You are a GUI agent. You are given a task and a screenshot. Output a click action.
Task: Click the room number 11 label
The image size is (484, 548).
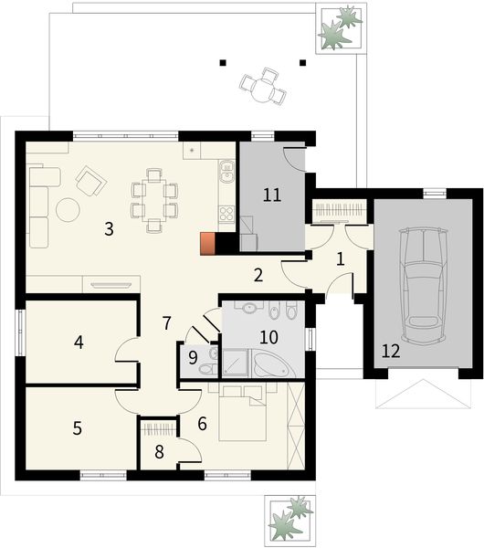271,194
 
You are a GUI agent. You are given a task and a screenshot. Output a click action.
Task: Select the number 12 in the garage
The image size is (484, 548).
391,350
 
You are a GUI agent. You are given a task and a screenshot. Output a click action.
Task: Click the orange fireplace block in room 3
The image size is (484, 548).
209,244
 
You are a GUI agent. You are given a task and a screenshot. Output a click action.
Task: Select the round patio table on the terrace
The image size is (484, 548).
263,90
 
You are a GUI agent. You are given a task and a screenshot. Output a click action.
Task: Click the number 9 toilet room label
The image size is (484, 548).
192,355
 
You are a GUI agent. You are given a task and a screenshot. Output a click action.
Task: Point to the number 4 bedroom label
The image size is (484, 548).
79,342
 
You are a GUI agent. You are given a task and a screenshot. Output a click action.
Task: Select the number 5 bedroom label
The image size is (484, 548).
78,427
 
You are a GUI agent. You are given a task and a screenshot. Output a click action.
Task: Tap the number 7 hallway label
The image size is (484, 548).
166,322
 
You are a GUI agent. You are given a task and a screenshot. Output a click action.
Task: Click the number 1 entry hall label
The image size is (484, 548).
340,259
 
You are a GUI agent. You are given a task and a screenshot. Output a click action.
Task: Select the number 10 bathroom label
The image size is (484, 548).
268,336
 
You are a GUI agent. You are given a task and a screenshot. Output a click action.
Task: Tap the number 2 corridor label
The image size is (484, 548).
258,274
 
